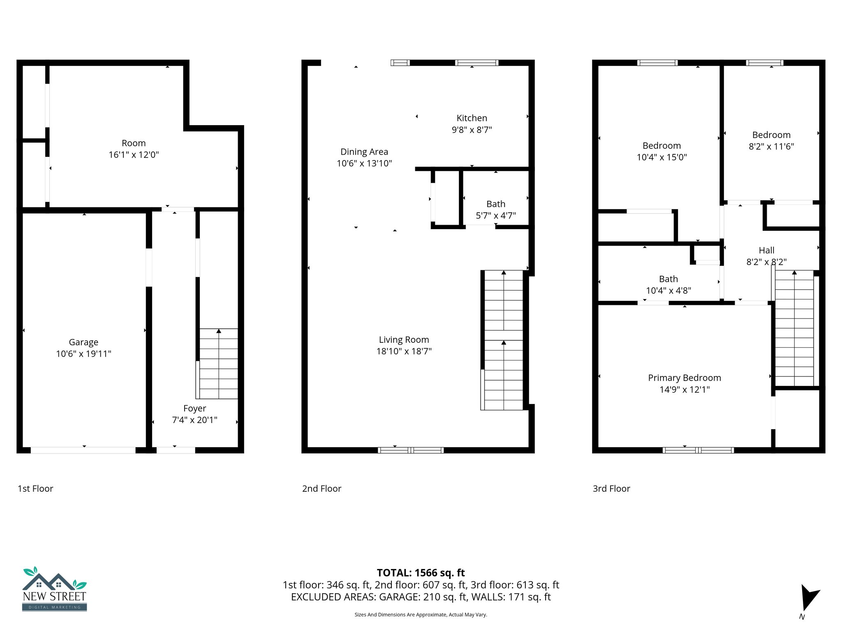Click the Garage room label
pos(83,342)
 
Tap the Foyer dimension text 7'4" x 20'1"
pos(194,420)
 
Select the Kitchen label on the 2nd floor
pos(472,118)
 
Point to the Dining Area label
pos(364,152)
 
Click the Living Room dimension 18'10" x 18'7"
pos(404,351)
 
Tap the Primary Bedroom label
pos(684,378)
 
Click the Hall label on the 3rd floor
pos(766,251)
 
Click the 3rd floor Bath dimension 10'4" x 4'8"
pos(668,291)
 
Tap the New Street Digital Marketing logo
pos(55,589)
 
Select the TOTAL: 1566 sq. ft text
pos(421,573)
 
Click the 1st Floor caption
pos(35,489)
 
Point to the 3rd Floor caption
pos(611,489)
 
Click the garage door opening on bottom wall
pos(83,450)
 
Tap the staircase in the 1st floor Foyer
pos(218,364)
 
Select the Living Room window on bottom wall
pos(410,450)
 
